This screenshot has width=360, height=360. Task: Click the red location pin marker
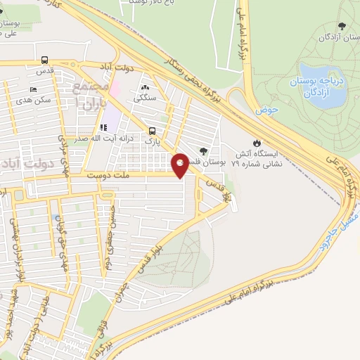point(180,164)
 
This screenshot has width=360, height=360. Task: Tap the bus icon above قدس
point(46,60)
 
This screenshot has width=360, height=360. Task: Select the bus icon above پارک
point(152,130)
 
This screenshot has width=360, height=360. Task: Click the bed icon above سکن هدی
point(33,90)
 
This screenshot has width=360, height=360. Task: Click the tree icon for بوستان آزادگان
point(342,26)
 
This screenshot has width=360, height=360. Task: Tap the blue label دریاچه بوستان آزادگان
point(307,89)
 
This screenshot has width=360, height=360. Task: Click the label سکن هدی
point(37,100)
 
